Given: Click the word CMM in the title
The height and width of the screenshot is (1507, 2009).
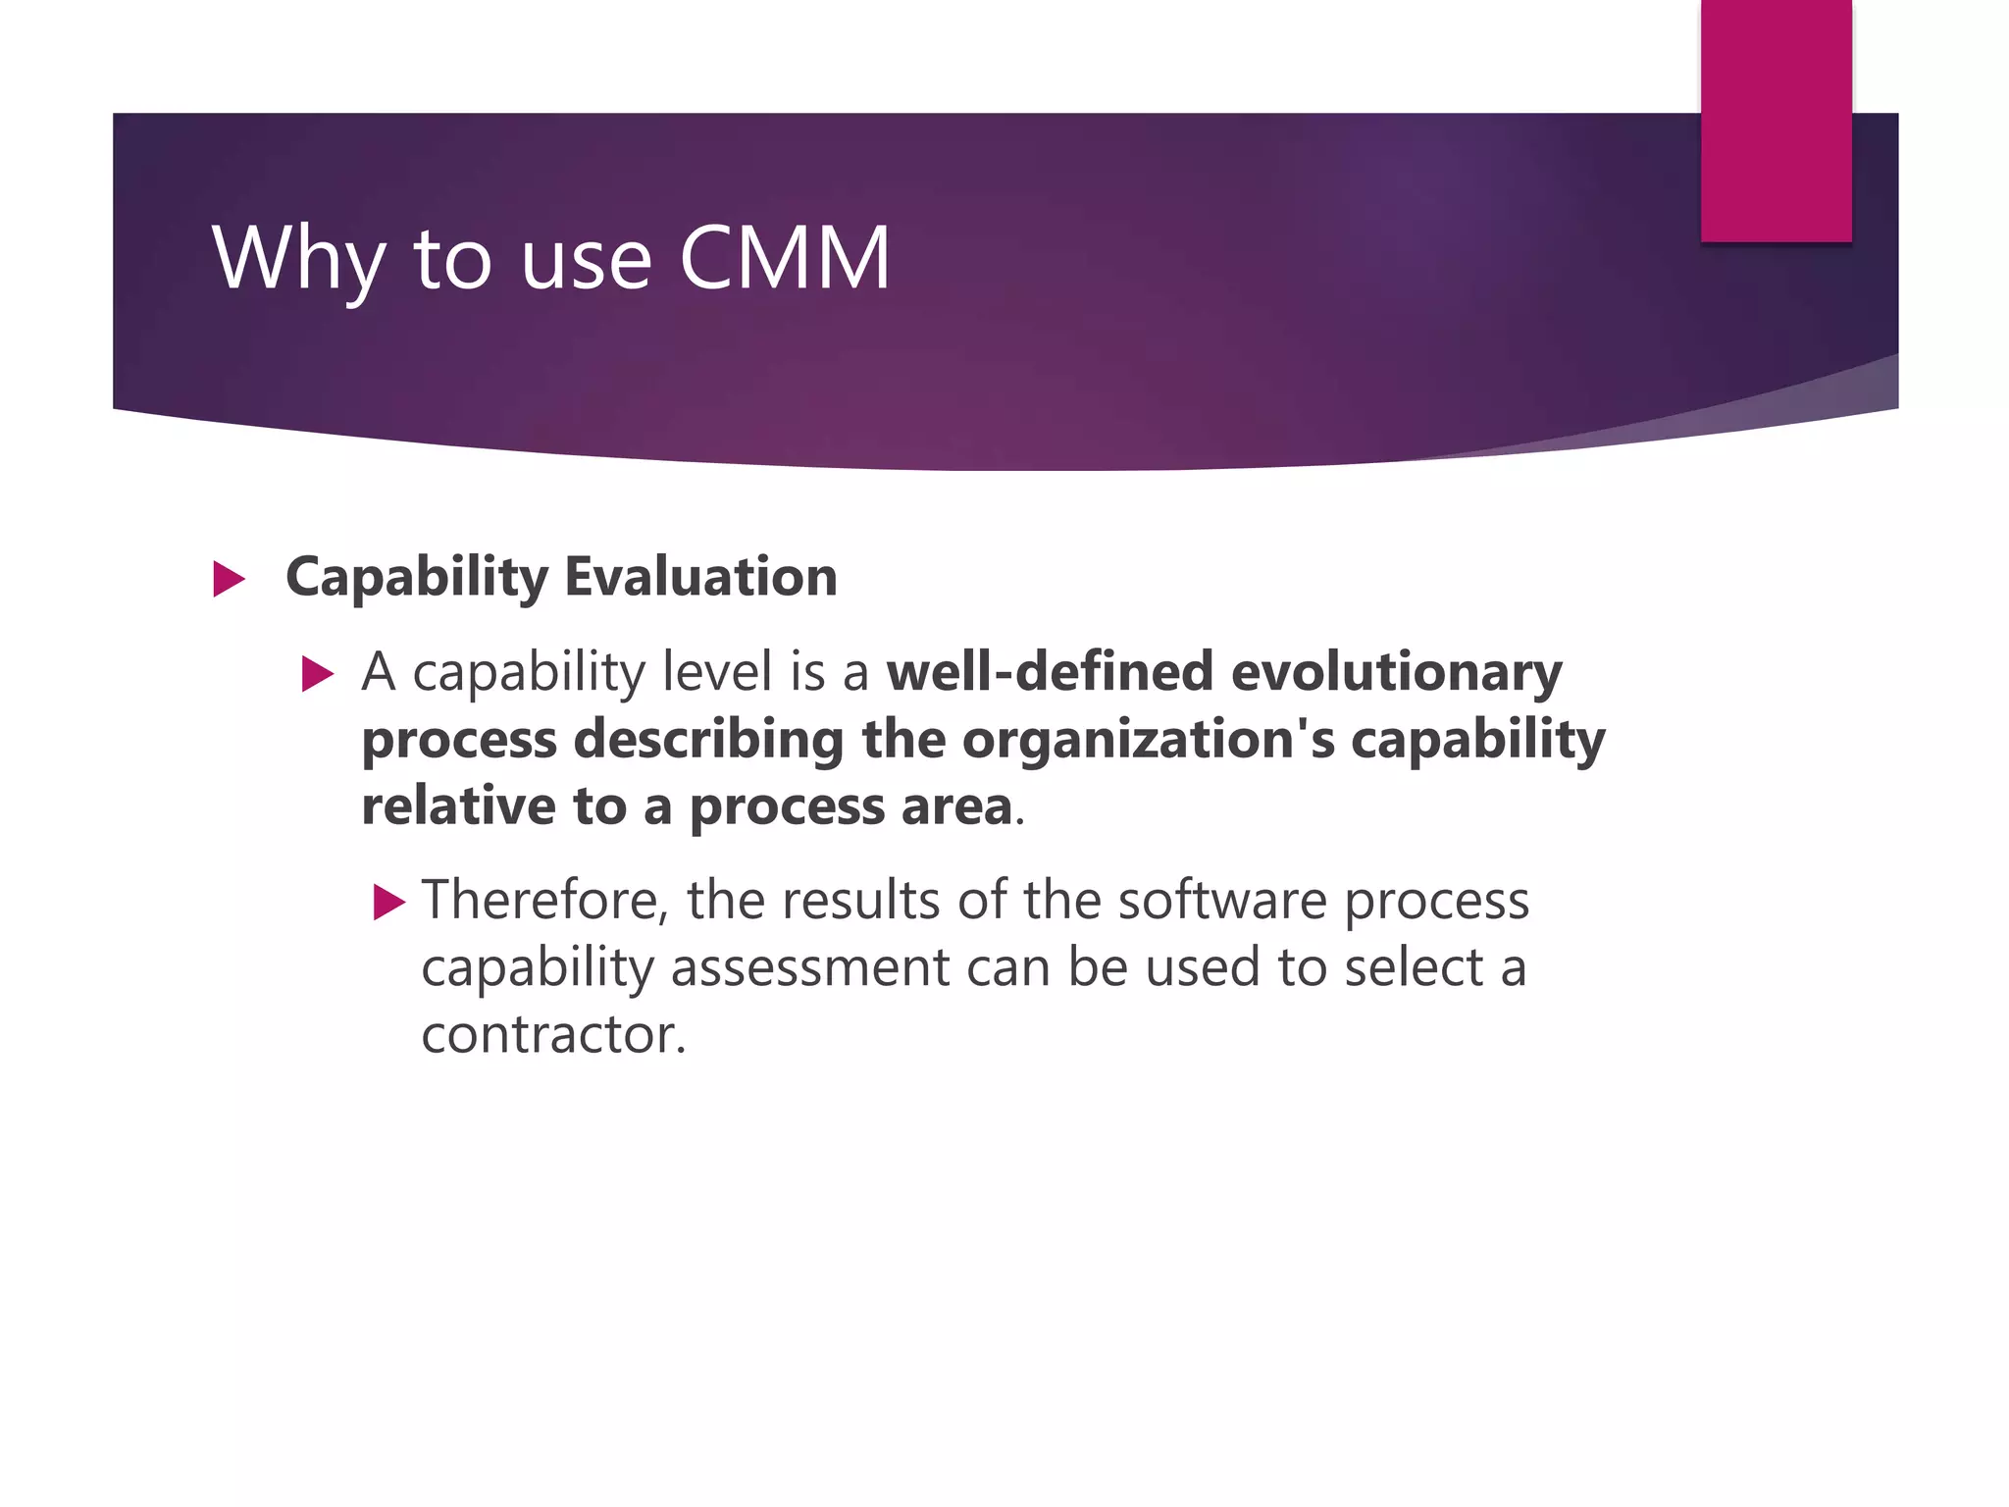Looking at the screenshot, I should click(785, 258).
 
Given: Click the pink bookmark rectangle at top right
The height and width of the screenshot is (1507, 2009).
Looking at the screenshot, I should click(1776, 120).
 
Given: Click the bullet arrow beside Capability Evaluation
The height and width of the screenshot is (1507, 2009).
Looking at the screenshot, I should click(229, 579).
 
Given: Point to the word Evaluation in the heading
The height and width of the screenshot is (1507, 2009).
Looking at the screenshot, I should click(700, 576).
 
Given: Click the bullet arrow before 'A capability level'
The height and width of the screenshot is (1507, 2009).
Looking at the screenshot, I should click(318, 675).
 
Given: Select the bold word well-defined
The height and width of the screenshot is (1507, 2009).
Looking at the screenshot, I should click(1050, 672).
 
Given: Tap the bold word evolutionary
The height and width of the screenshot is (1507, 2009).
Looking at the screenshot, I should click(1396, 674).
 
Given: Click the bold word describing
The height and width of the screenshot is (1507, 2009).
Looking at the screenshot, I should click(708, 739).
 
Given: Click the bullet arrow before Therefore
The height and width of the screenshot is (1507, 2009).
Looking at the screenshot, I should click(389, 902).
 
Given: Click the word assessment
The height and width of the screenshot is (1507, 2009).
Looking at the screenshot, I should click(810, 967).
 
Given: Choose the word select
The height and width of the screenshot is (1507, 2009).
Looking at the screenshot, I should click(1414, 967).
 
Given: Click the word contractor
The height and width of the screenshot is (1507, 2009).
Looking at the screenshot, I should click(553, 1034).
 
